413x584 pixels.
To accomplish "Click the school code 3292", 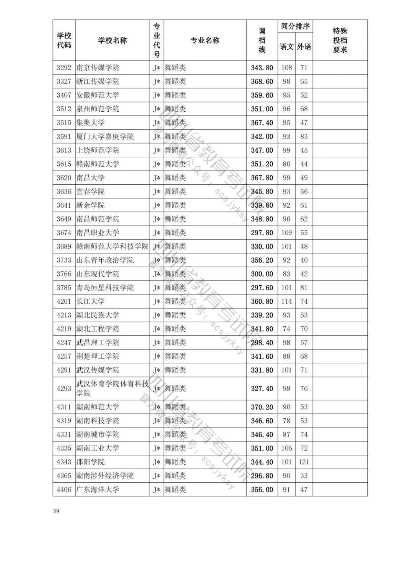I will point(64,68).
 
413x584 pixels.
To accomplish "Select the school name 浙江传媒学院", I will point(98,81).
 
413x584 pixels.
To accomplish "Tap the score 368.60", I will point(262,81).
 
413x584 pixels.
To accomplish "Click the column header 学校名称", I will point(112,41).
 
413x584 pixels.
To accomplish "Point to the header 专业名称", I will point(205,41).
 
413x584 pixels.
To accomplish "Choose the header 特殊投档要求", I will point(340,41).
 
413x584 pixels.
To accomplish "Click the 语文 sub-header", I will point(286,47).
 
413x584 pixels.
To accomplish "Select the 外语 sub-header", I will point(304,47).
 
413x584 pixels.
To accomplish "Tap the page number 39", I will point(56,511).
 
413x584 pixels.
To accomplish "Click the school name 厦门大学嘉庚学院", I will point(105,137).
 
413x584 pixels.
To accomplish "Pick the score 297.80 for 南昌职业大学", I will point(262,233).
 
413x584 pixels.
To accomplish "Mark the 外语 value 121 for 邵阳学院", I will point(304,462).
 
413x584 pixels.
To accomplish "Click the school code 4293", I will point(64,389).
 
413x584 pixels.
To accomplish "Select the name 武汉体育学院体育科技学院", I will point(112,389).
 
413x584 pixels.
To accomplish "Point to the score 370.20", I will point(262,407).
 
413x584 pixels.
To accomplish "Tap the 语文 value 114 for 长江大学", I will point(286,301).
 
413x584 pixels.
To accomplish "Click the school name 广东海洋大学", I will point(98,490).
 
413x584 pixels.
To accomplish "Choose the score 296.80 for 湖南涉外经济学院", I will point(262,476).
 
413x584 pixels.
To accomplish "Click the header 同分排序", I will point(295,27).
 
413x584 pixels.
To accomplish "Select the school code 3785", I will point(64,288).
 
